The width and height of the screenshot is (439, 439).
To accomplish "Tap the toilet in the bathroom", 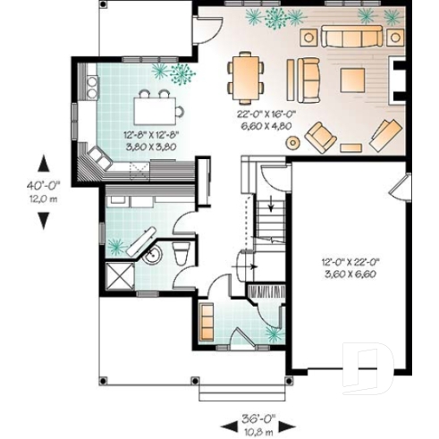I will coord(182,253).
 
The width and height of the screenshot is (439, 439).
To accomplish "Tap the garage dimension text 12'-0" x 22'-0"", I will coord(350,267).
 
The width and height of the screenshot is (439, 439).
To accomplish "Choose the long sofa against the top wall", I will coord(350,37).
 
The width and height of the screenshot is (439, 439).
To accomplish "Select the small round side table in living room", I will coord(351,142).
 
